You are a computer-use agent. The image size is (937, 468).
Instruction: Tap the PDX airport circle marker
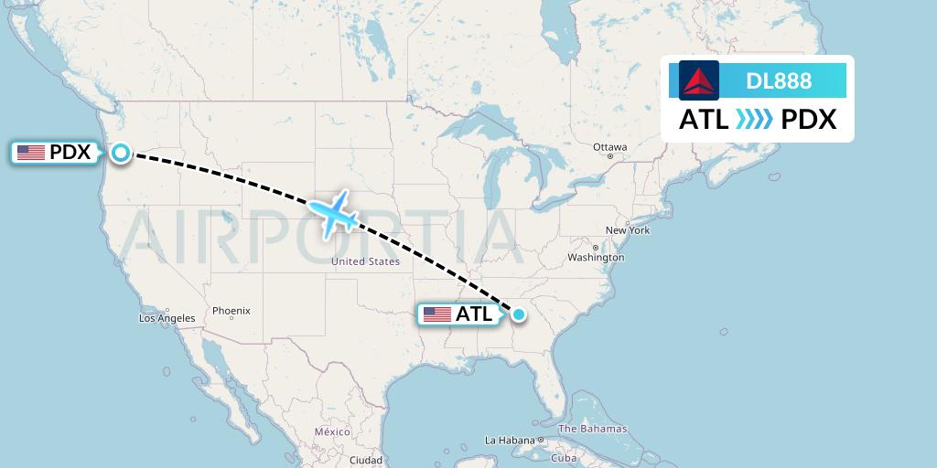coord(121,153)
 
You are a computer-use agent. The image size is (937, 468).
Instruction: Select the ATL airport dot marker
coord(519,314)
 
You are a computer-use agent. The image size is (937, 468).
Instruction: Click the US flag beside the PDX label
coord(31,153)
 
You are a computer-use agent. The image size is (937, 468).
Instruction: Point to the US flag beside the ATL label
coord(437,314)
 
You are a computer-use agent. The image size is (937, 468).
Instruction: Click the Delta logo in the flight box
coord(699,80)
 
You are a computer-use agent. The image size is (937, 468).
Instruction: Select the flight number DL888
coord(779,81)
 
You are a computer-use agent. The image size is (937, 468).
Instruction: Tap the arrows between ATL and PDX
coord(755,120)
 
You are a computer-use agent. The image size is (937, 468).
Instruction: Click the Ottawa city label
coord(609,147)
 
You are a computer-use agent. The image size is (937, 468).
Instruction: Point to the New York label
coord(628,230)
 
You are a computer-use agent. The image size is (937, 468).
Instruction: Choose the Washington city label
coord(596,258)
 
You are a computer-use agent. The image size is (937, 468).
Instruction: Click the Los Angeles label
coord(167,318)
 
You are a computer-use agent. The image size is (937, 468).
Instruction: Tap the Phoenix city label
coord(232,311)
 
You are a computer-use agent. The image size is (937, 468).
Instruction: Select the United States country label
coord(365,261)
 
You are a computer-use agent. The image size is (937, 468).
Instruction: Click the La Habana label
coord(504,440)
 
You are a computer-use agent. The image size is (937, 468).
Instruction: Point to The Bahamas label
coord(592,429)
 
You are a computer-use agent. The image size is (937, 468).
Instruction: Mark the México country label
coord(332,431)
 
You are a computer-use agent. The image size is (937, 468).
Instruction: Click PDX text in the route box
coord(809,120)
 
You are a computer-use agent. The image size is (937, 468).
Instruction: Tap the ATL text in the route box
coord(704,120)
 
